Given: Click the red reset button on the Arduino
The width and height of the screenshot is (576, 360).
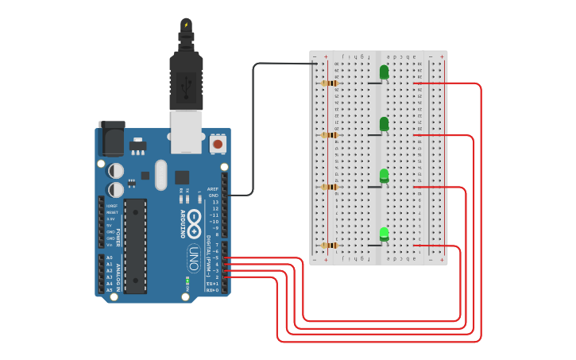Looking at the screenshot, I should [217, 145].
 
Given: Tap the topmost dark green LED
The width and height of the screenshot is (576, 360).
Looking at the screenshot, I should [385, 72].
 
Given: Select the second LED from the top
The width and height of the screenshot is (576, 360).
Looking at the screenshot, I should [385, 124].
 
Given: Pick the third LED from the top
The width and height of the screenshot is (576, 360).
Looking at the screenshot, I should [385, 176].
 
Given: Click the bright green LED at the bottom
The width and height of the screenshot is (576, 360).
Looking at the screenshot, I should [385, 234].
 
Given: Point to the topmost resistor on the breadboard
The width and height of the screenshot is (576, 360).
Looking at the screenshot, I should [330, 83].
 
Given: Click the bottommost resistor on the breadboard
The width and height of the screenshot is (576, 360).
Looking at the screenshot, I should [330, 246].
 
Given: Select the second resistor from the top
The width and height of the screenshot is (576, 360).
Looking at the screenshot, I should [330, 135].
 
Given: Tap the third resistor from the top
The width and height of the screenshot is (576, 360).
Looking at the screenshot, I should [330, 187].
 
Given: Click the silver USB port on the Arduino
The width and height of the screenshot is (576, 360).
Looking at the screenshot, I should [187, 131].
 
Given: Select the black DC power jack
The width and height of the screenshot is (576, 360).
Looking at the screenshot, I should [112, 138].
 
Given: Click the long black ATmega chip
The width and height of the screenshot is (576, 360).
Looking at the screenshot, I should [135, 246].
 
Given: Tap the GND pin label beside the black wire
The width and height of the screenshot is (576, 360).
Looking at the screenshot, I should [213, 195].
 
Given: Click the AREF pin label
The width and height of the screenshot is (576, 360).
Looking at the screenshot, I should [212, 189].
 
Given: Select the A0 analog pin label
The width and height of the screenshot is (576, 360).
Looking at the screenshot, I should [109, 258].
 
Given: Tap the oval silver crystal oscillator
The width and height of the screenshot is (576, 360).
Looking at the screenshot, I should [161, 175].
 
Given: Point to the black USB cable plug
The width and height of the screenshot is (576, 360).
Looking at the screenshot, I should [187, 79].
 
